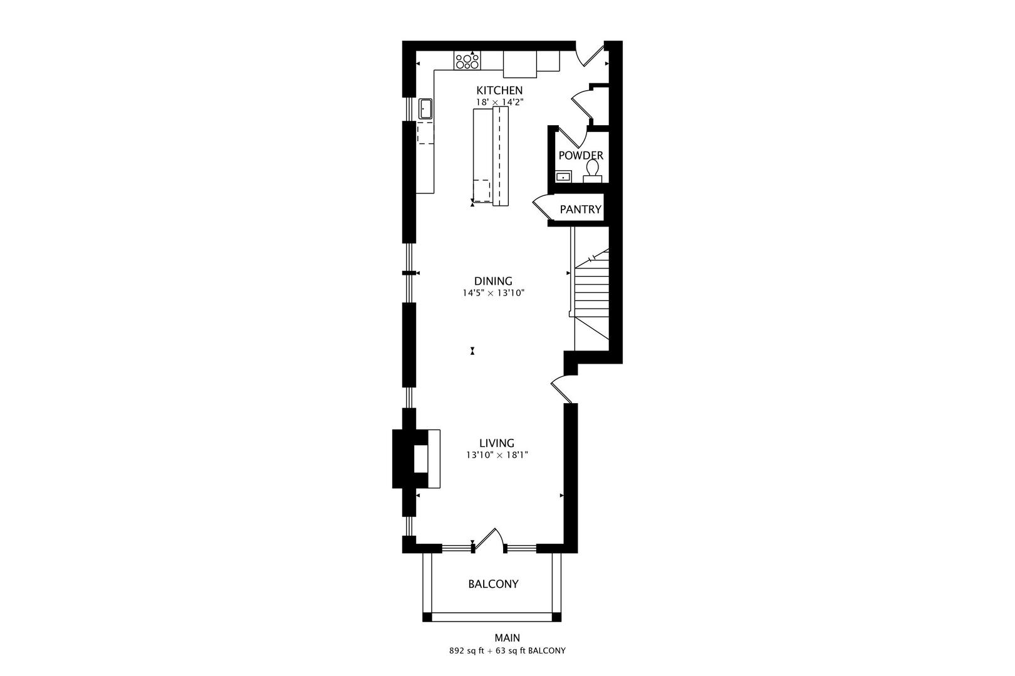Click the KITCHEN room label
pyautogui.click(x=499, y=90)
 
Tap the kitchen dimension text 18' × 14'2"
pyautogui.click(x=499, y=101)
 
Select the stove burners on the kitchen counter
pyautogui.click(x=467, y=61)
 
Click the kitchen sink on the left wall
pyautogui.click(x=425, y=108)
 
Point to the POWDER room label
pyautogui.click(x=580, y=155)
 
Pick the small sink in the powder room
pyautogui.click(x=563, y=177)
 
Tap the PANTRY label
pyautogui.click(x=580, y=210)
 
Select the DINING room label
pyautogui.click(x=492, y=281)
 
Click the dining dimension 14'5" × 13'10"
pyautogui.click(x=492, y=292)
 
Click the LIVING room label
pyautogui.click(x=497, y=443)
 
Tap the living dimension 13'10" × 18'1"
pyautogui.click(x=497, y=455)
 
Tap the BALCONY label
pyautogui.click(x=493, y=584)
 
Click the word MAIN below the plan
pyautogui.click(x=507, y=638)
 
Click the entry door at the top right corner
pyautogui.click(x=591, y=53)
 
